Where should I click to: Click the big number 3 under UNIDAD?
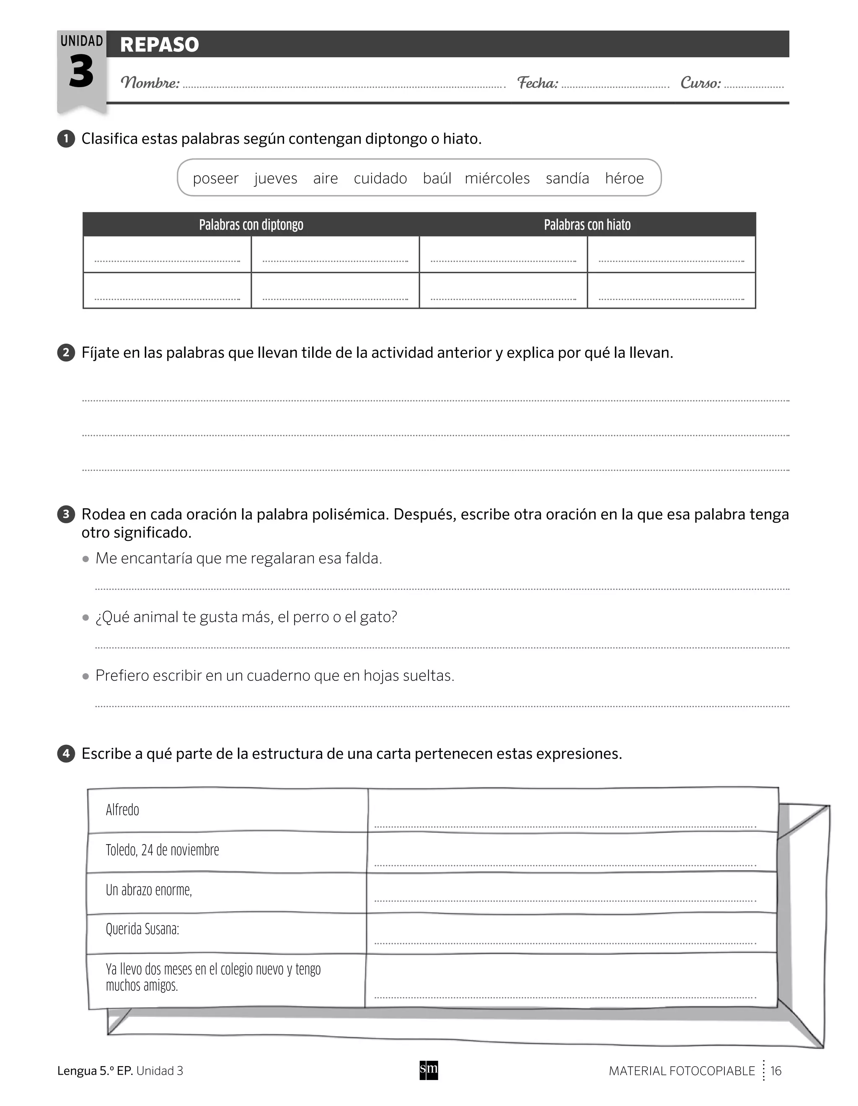tap(81, 72)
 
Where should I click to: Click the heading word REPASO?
tap(160, 44)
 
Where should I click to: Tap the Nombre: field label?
tap(150, 83)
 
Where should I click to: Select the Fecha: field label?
tap(538, 83)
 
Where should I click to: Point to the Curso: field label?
tap(700, 83)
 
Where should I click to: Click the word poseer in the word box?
tap(215, 178)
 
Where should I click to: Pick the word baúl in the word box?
tap(437, 178)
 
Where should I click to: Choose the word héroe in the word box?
tap(624, 178)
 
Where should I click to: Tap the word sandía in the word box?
tap(567, 178)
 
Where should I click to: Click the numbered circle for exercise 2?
tap(66, 352)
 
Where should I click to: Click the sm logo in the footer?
tap(429, 1070)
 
